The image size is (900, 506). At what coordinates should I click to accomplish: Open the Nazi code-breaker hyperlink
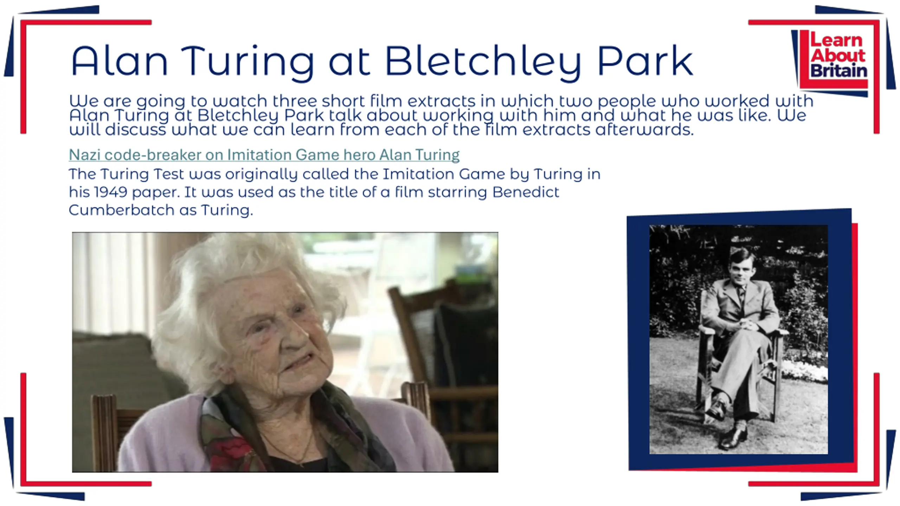(x=264, y=155)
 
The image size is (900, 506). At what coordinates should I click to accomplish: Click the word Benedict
(x=526, y=192)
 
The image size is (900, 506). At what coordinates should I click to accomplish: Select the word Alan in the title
(x=120, y=60)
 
